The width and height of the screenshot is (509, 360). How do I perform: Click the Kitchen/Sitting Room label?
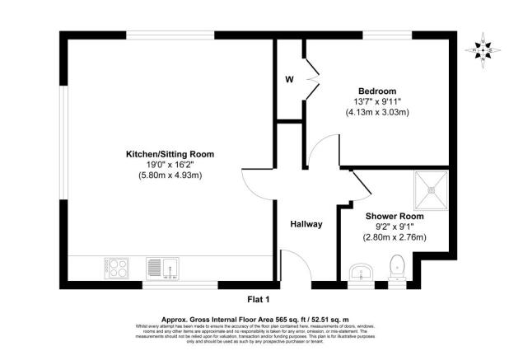(x=170, y=154)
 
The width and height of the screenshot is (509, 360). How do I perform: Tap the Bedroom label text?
(x=376, y=91)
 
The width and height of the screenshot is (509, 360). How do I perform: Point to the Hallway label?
(x=306, y=224)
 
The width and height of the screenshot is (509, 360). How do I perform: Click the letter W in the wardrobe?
(x=289, y=80)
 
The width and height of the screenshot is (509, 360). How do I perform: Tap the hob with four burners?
(x=117, y=269)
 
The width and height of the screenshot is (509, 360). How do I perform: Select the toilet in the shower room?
(x=395, y=266)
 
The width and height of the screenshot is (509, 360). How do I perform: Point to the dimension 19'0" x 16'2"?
(x=170, y=164)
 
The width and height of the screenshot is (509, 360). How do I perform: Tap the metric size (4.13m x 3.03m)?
(x=376, y=112)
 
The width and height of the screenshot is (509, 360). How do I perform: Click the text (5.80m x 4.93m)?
(x=170, y=175)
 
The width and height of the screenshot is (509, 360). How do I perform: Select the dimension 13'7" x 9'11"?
(x=376, y=101)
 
